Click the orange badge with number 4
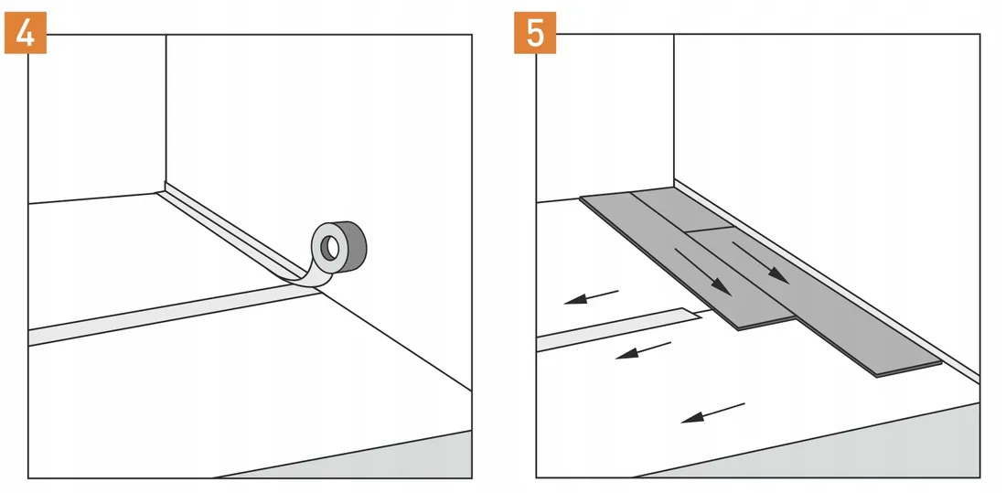tap(25, 34)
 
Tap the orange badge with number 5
tap(535, 34)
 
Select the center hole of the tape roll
tap(329, 246)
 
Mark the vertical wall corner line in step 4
tap(166, 110)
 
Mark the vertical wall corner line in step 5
tap(674, 110)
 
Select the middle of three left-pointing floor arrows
tap(643, 349)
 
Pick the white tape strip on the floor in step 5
tap(613, 328)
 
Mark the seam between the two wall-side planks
tap(711, 229)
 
